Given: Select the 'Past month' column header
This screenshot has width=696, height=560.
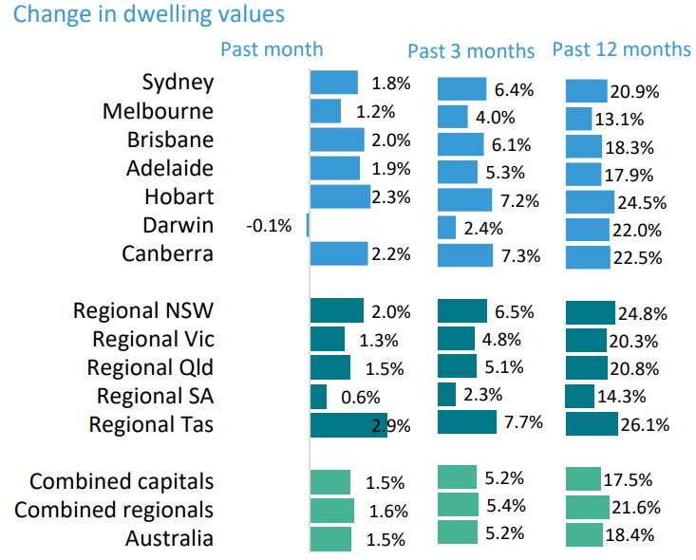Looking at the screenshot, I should (272, 49).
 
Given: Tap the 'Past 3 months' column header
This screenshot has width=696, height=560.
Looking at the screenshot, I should (471, 50).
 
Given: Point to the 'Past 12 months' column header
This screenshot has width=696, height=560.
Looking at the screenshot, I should (622, 49).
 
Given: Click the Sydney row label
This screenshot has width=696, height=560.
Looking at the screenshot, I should (178, 83).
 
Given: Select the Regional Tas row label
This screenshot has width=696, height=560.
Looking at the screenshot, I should (151, 424).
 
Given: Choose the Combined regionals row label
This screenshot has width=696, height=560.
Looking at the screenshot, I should (114, 511).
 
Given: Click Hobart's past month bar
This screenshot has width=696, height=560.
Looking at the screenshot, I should (340, 196).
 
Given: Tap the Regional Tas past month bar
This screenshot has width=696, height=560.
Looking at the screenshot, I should (348, 424).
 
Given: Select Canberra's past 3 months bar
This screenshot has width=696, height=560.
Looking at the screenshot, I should (465, 255).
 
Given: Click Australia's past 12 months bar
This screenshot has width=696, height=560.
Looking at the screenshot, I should (584, 535).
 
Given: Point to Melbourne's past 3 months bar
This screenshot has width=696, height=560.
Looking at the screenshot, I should (452, 117).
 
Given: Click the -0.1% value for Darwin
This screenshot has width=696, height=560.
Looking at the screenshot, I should (269, 226).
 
